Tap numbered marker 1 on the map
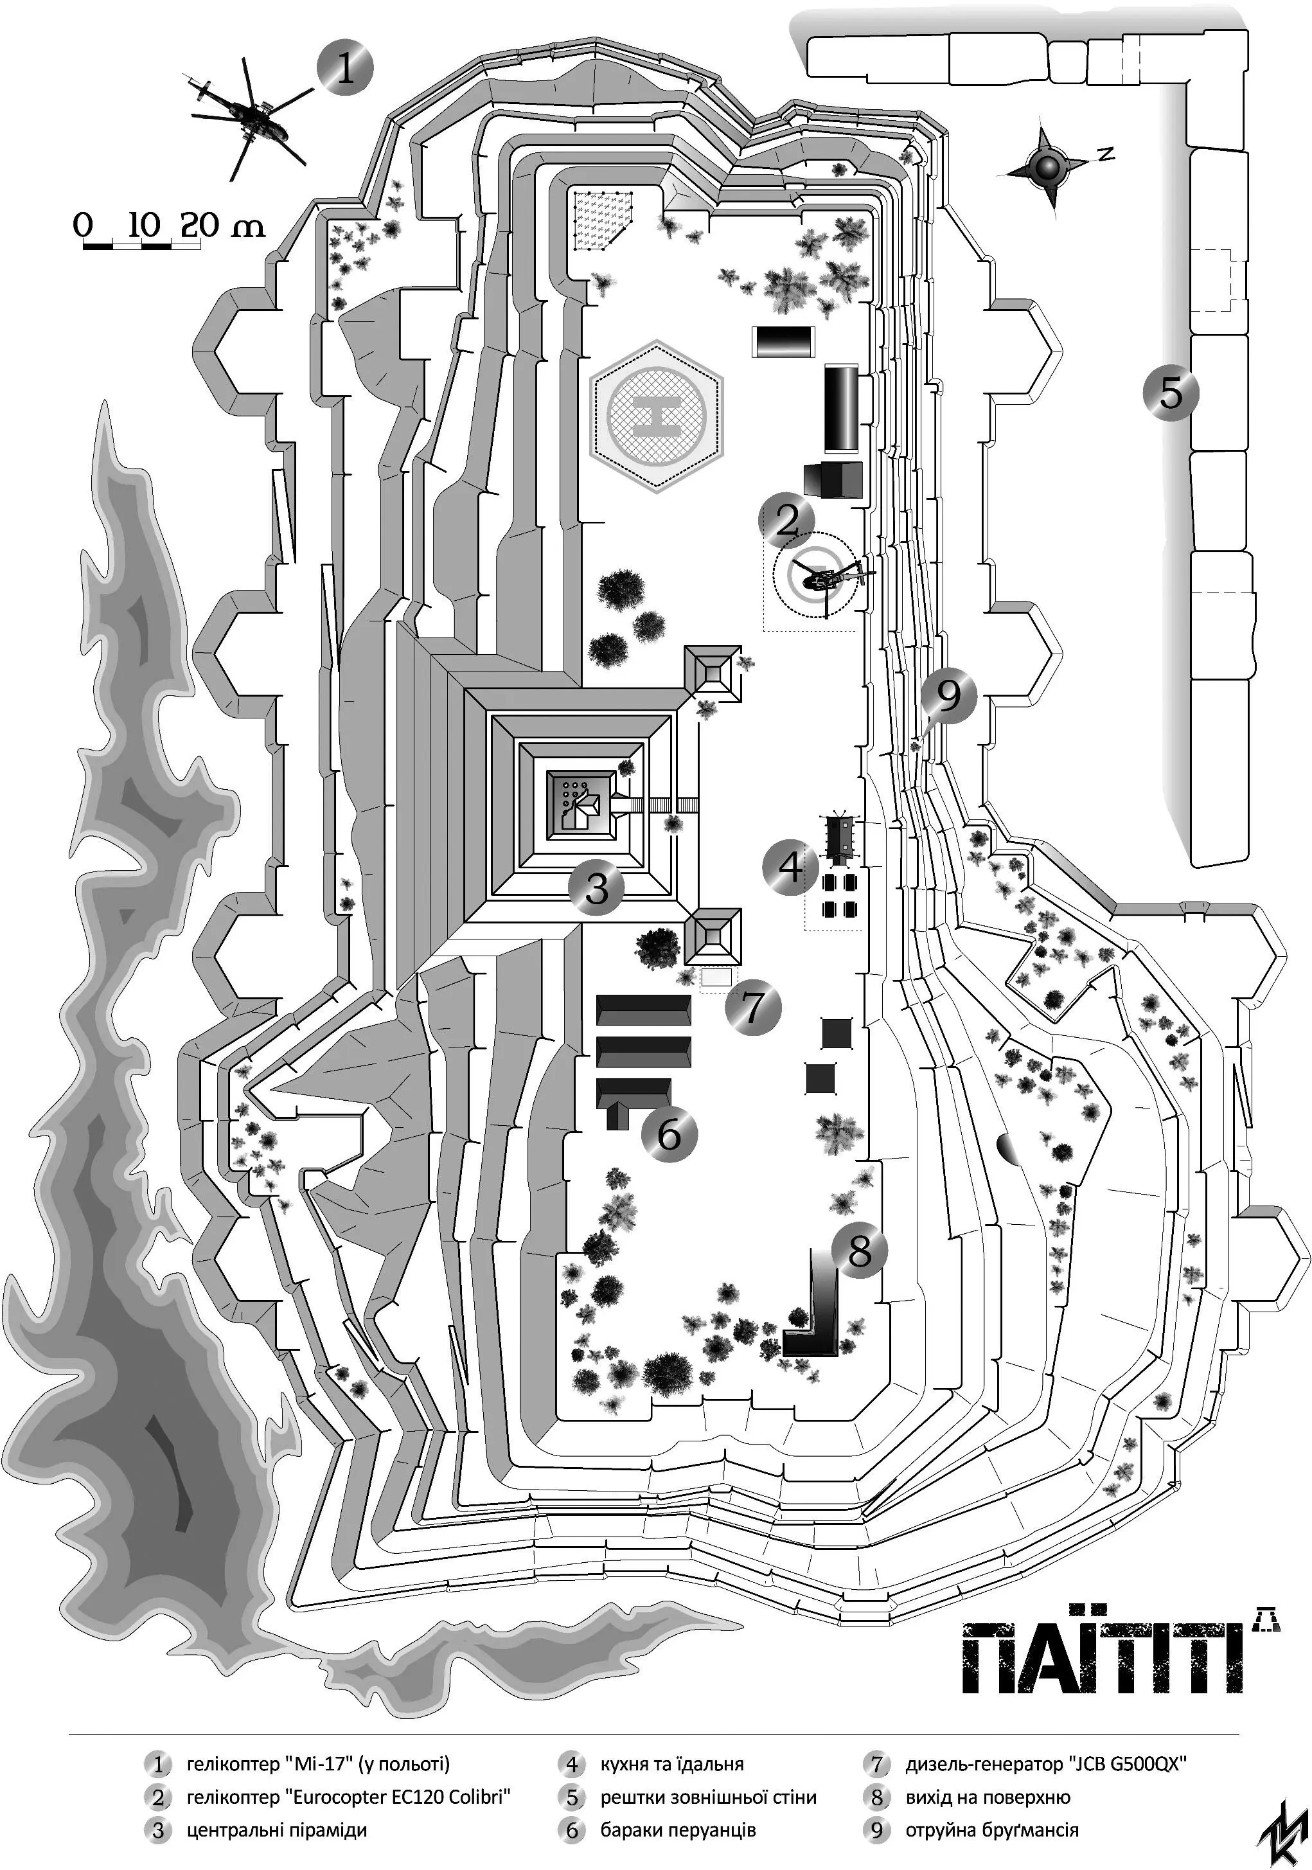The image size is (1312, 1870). click(x=345, y=67)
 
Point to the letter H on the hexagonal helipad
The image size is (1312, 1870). click(x=657, y=415)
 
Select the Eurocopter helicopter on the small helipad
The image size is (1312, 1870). click(x=822, y=579)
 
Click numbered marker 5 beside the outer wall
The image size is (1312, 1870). click(x=1170, y=393)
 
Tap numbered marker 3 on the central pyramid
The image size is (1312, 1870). click(x=596, y=887)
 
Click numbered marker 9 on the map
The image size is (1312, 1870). click(x=950, y=695)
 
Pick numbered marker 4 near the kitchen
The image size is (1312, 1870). click(x=790, y=867)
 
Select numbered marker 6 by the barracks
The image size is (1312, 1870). click(x=669, y=1132)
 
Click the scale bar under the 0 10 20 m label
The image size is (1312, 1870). click(x=142, y=244)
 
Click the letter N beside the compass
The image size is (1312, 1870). click(x=1104, y=153)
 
